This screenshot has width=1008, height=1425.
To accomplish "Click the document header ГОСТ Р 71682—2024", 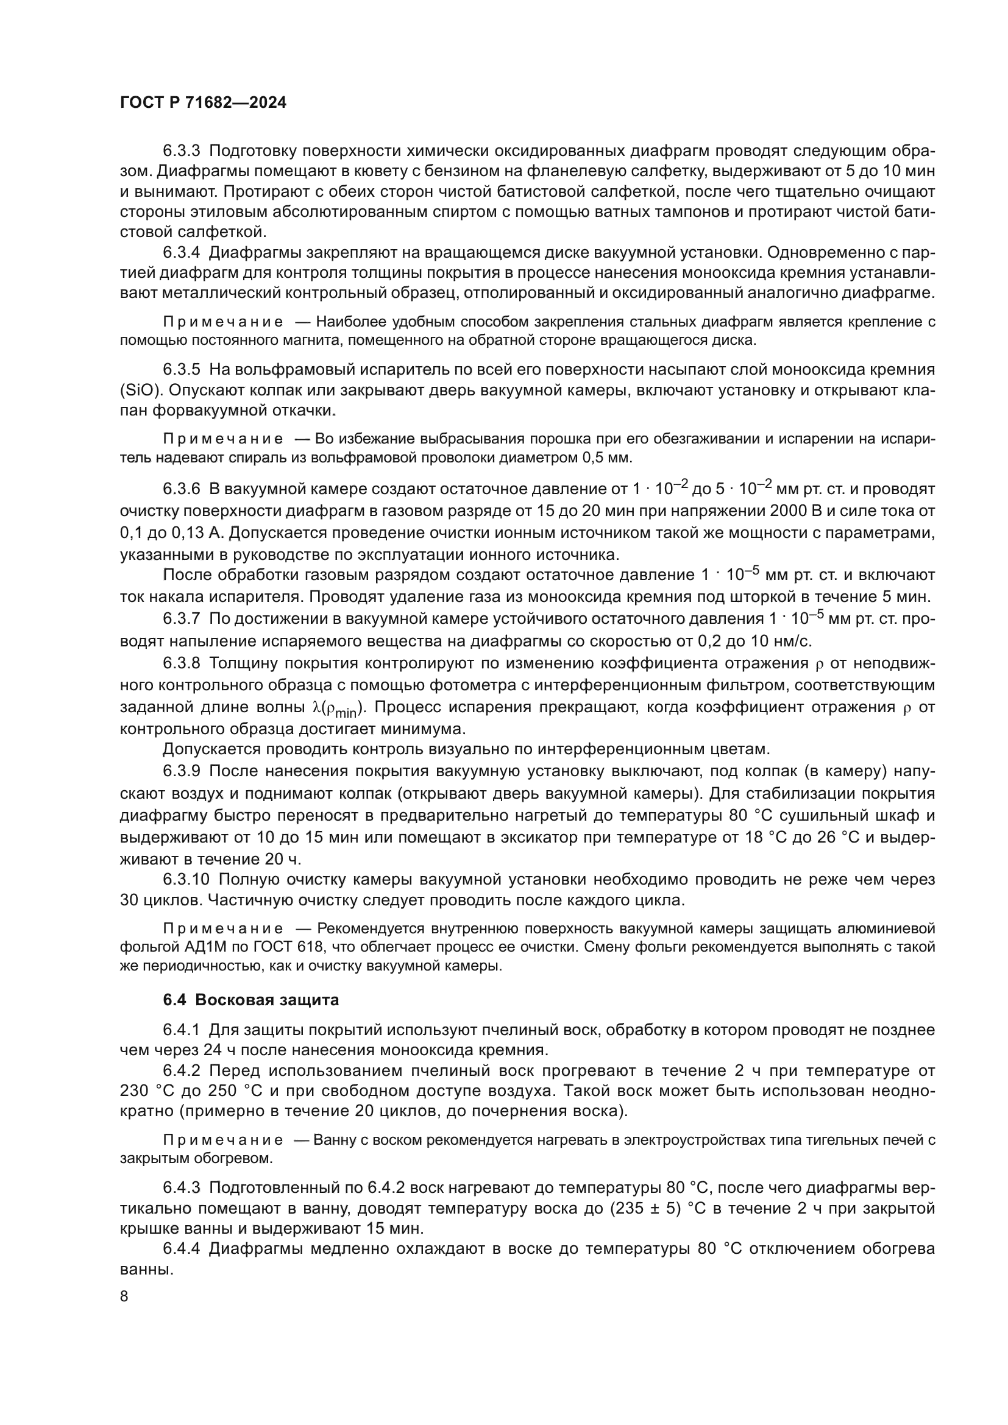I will pyautogui.click(x=203, y=103).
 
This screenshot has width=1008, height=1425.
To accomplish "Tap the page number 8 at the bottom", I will pyautogui.click(x=124, y=1296).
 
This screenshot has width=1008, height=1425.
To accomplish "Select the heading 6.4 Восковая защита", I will pyautogui.click(x=250, y=1000).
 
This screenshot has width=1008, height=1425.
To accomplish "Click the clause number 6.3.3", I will pyautogui.click(x=181, y=151).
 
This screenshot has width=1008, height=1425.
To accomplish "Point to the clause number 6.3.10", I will pyautogui.click(x=186, y=880).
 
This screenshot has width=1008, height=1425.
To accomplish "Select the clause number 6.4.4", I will pyautogui.click(x=181, y=1249).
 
